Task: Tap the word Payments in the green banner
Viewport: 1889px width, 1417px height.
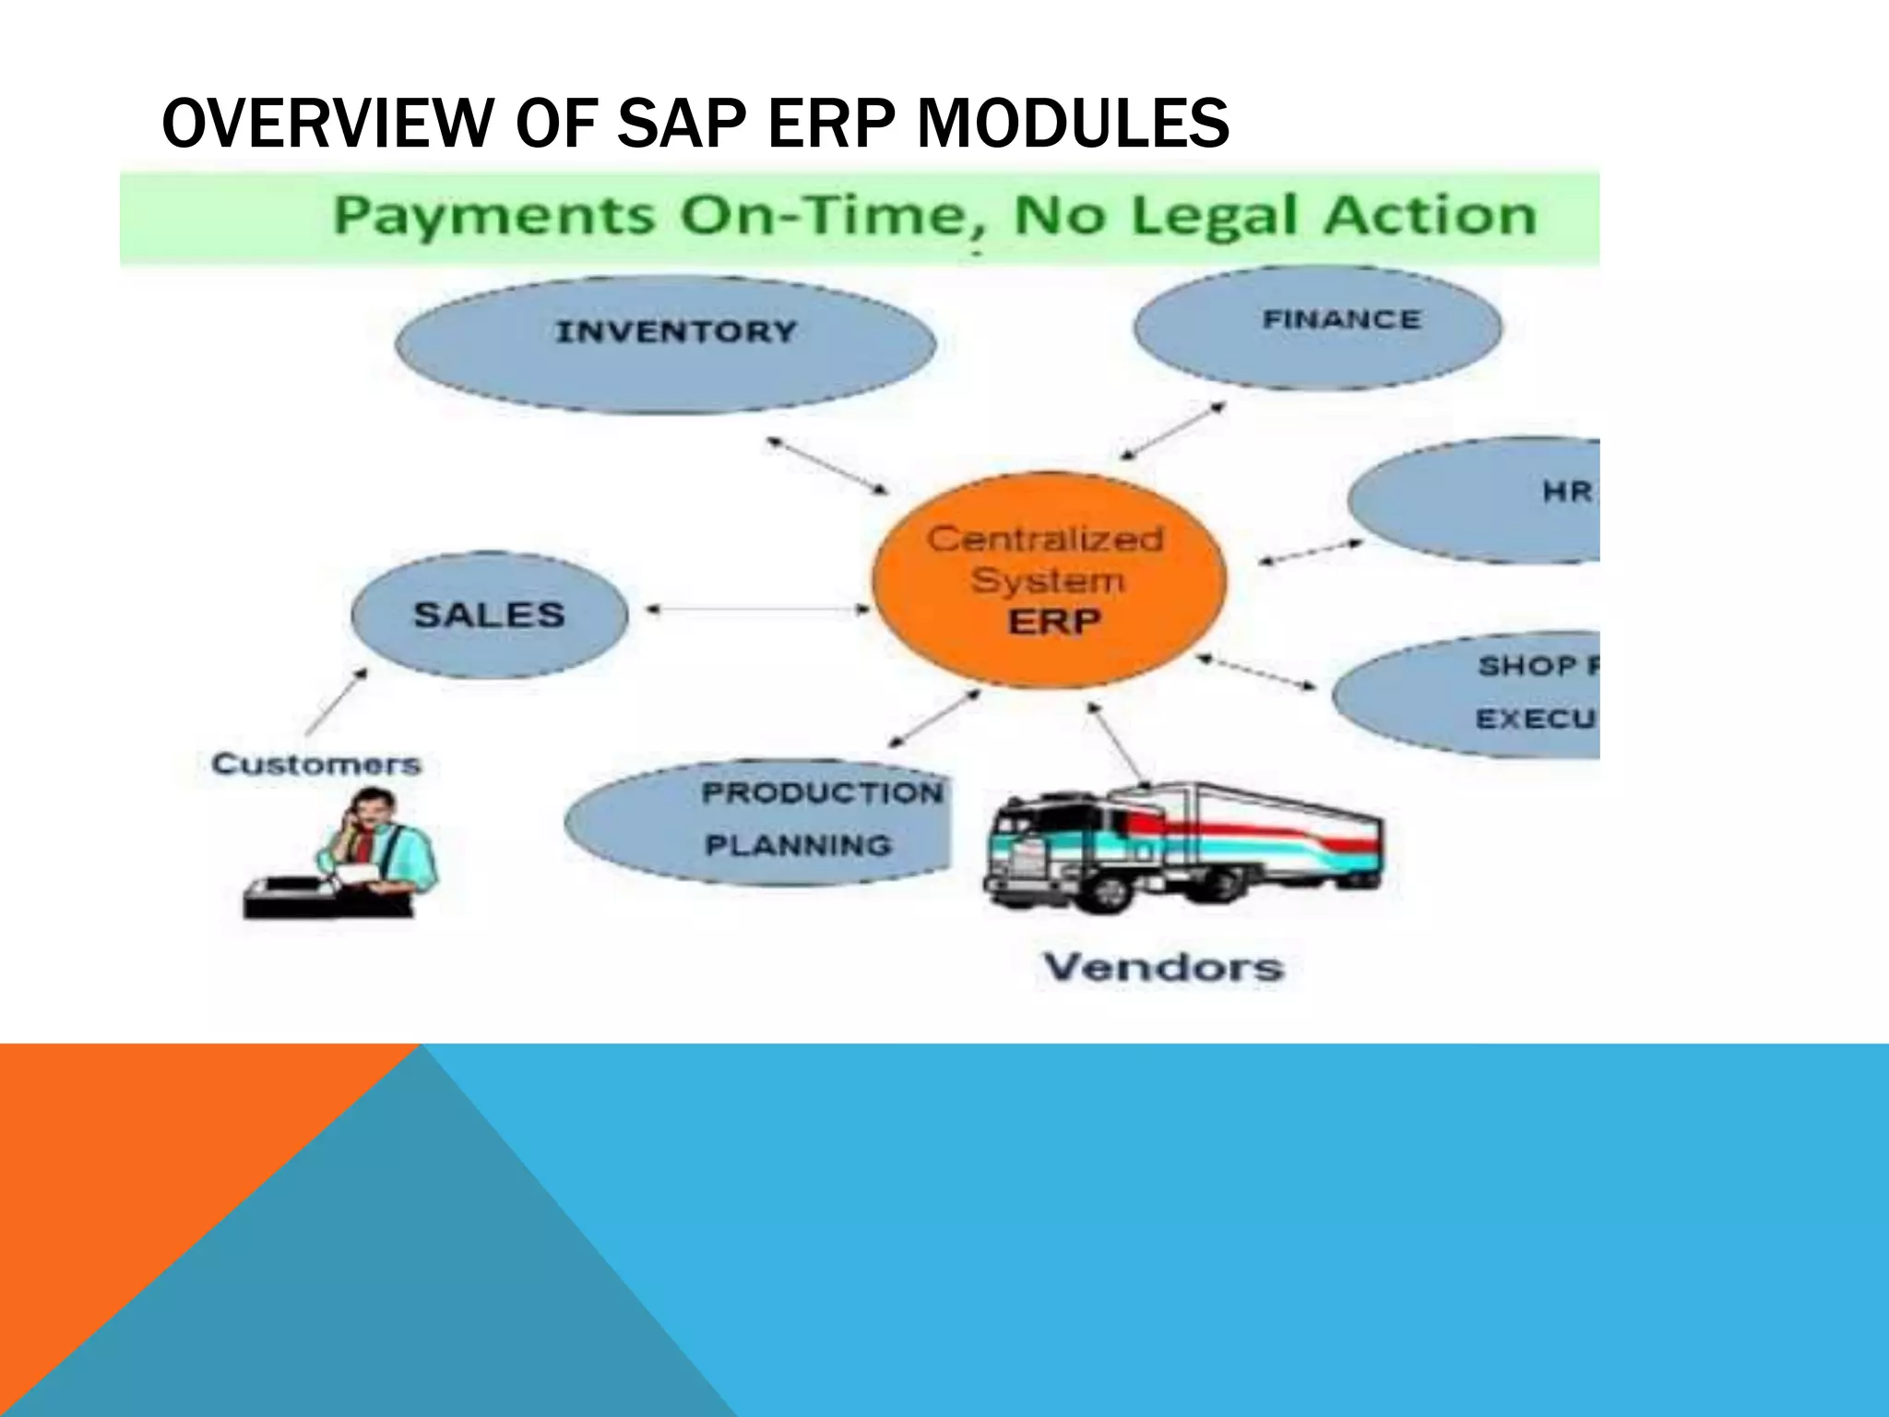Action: [x=493, y=217]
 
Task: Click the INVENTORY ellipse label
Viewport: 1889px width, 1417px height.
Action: [x=676, y=331]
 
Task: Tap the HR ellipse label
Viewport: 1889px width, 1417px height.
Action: [x=1566, y=493]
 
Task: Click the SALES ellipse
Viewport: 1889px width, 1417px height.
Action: [x=489, y=615]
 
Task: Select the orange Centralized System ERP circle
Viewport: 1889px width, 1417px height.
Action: [x=1049, y=580]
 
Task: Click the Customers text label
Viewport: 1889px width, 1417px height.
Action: [x=316, y=764]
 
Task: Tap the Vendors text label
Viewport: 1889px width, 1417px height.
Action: [x=1163, y=967]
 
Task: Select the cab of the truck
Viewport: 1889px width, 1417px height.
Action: [x=1033, y=844]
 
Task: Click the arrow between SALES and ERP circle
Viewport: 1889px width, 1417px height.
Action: [x=756, y=609]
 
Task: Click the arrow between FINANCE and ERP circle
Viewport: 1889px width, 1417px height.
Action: [x=1172, y=430]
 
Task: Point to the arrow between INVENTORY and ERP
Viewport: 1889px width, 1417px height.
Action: [x=827, y=465]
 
